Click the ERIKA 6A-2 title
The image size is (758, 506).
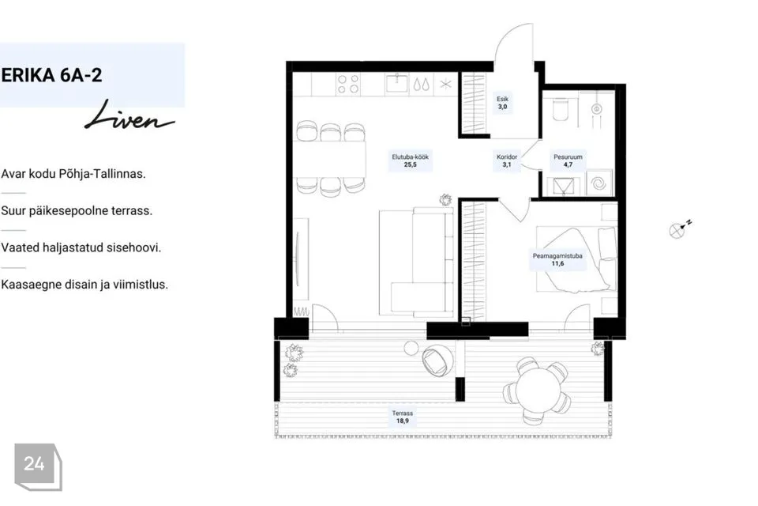pyautogui.click(x=51, y=76)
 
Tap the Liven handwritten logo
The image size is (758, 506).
pyautogui.click(x=129, y=116)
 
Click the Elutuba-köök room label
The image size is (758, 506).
pyautogui.click(x=410, y=160)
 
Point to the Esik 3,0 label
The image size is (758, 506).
pyautogui.click(x=503, y=103)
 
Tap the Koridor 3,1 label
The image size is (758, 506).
pyautogui.click(x=507, y=160)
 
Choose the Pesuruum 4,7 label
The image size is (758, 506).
pyautogui.click(x=568, y=160)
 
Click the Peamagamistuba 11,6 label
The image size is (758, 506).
pyautogui.click(x=557, y=259)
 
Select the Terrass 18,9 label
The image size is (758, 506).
pyautogui.click(x=402, y=417)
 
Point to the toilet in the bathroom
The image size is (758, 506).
pyautogui.click(x=561, y=109)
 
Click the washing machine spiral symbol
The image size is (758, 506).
pyautogui.click(x=599, y=183)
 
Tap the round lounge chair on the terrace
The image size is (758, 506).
pyautogui.click(x=437, y=361)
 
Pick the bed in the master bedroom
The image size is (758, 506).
pyautogui.click(x=576, y=259)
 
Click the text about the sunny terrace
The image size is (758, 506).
pyautogui.click(x=77, y=210)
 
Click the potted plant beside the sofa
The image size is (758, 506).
pyautogui.click(x=445, y=199)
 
